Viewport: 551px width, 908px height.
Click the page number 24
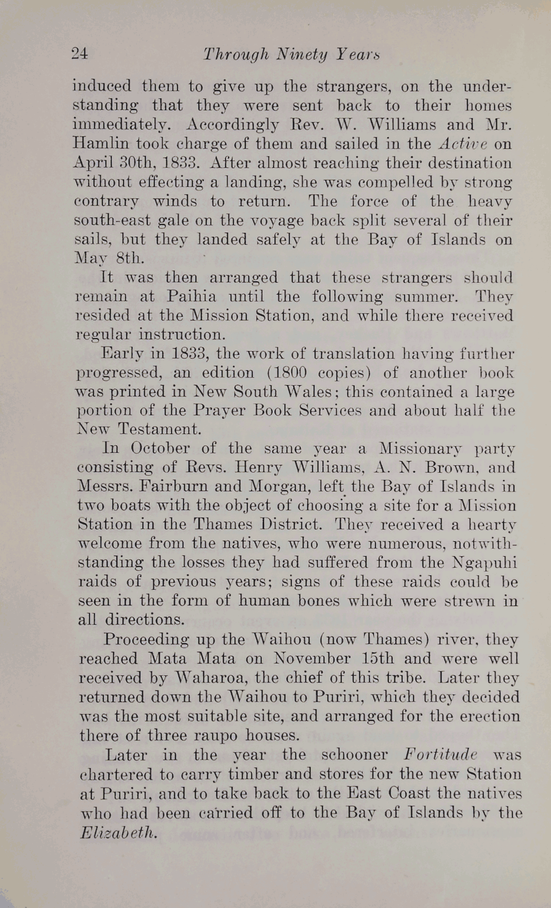[79, 54]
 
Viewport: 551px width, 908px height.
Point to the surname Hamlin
[101, 144]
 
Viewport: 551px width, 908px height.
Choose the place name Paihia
[190, 297]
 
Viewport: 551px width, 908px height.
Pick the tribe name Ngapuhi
[485, 562]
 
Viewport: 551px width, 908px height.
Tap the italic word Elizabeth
[119, 832]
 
